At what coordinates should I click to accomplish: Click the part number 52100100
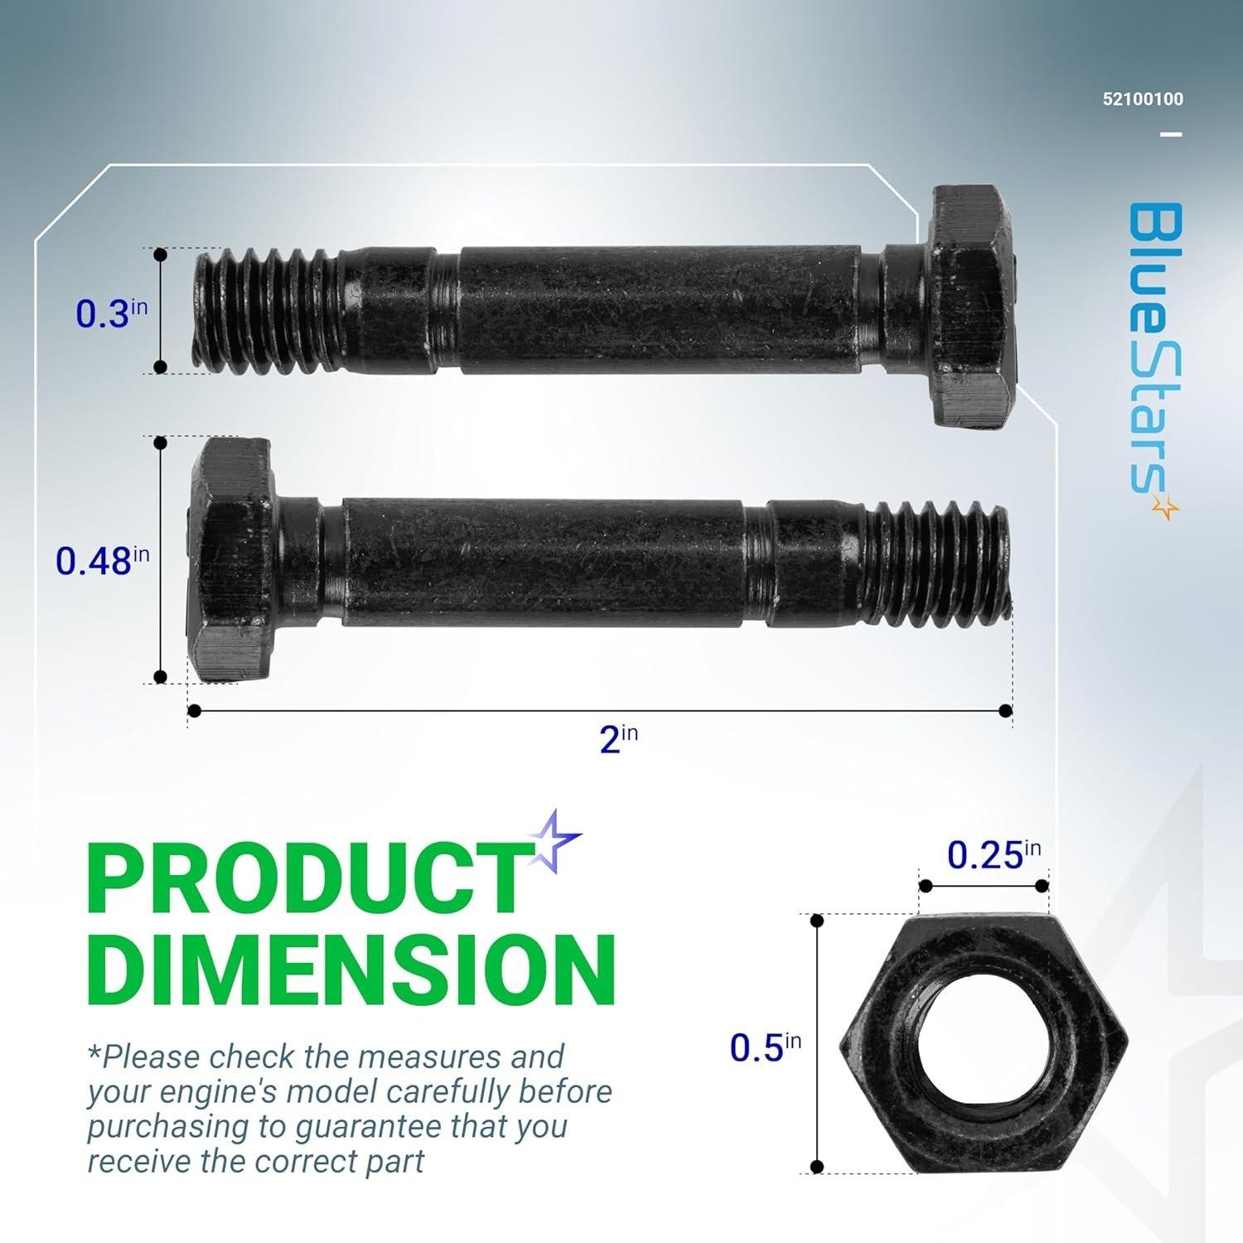[x=1143, y=99]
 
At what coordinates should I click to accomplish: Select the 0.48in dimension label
[x=102, y=560]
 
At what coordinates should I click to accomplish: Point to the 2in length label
[x=618, y=738]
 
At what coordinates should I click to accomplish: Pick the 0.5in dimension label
[x=765, y=1047]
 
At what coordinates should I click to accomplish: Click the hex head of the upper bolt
[x=976, y=307]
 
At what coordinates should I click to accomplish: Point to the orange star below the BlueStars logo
[x=1166, y=508]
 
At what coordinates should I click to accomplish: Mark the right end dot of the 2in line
[x=1006, y=710]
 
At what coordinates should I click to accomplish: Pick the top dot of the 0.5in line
[x=818, y=921]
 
